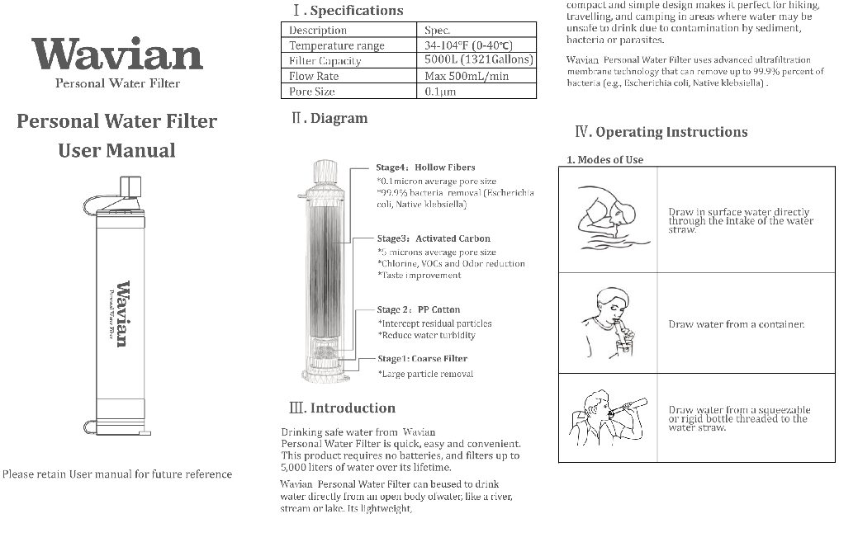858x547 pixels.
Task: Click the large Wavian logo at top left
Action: [x=118, y=55]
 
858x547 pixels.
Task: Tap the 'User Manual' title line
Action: [x=116, y=150]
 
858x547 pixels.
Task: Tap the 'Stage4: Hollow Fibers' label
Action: [x=425, y=167]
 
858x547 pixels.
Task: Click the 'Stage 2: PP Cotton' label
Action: [x=419, y=309]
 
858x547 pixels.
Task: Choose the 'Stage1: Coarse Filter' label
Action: [x=422, y=359]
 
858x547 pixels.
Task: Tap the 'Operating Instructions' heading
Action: [x=661, y=132]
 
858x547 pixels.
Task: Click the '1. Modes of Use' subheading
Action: [x=604, y=159]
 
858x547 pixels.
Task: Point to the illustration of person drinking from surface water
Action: [x=607, y=218]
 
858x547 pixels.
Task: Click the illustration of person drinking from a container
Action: [x=607, y=321]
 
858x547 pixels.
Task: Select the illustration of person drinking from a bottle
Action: [x=607, y=417]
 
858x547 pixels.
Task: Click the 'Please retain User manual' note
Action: [x=116, y=474]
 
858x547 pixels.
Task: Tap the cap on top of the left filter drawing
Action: [x=130, y=186]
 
